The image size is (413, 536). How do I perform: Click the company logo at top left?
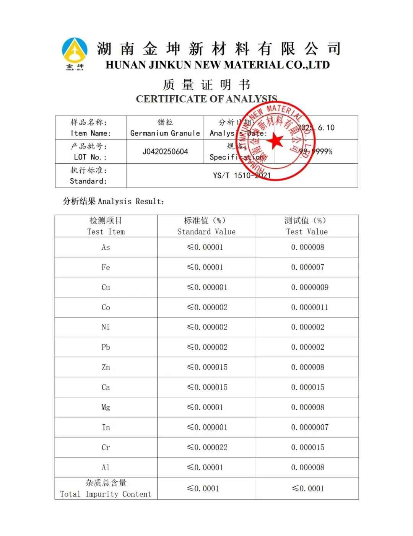(75, 53)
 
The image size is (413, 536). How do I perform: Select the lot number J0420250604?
(165, 152)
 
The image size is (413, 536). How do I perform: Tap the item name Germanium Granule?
(165, 133)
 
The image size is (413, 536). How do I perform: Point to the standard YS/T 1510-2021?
(242, 176)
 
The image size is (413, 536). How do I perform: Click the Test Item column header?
(106, 226)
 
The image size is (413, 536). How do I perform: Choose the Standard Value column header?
(206, 226)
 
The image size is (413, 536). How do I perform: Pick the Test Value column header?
(307, 226)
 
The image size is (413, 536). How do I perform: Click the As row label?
(106, 248)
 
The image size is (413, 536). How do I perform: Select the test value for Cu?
(309, 287)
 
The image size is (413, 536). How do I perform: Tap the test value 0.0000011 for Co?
(309, 307)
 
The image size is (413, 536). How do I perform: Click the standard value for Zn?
(207, 367)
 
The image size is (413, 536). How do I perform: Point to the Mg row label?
(106, 407)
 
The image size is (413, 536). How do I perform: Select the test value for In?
(309, 427)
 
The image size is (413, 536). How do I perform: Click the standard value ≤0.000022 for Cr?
(207, 447)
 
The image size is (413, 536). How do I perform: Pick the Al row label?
(106, 468)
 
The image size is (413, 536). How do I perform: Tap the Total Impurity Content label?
(106, 489)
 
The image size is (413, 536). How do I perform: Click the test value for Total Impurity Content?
(308, 489)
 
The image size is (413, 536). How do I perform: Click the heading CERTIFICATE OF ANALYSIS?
(206, 99)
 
